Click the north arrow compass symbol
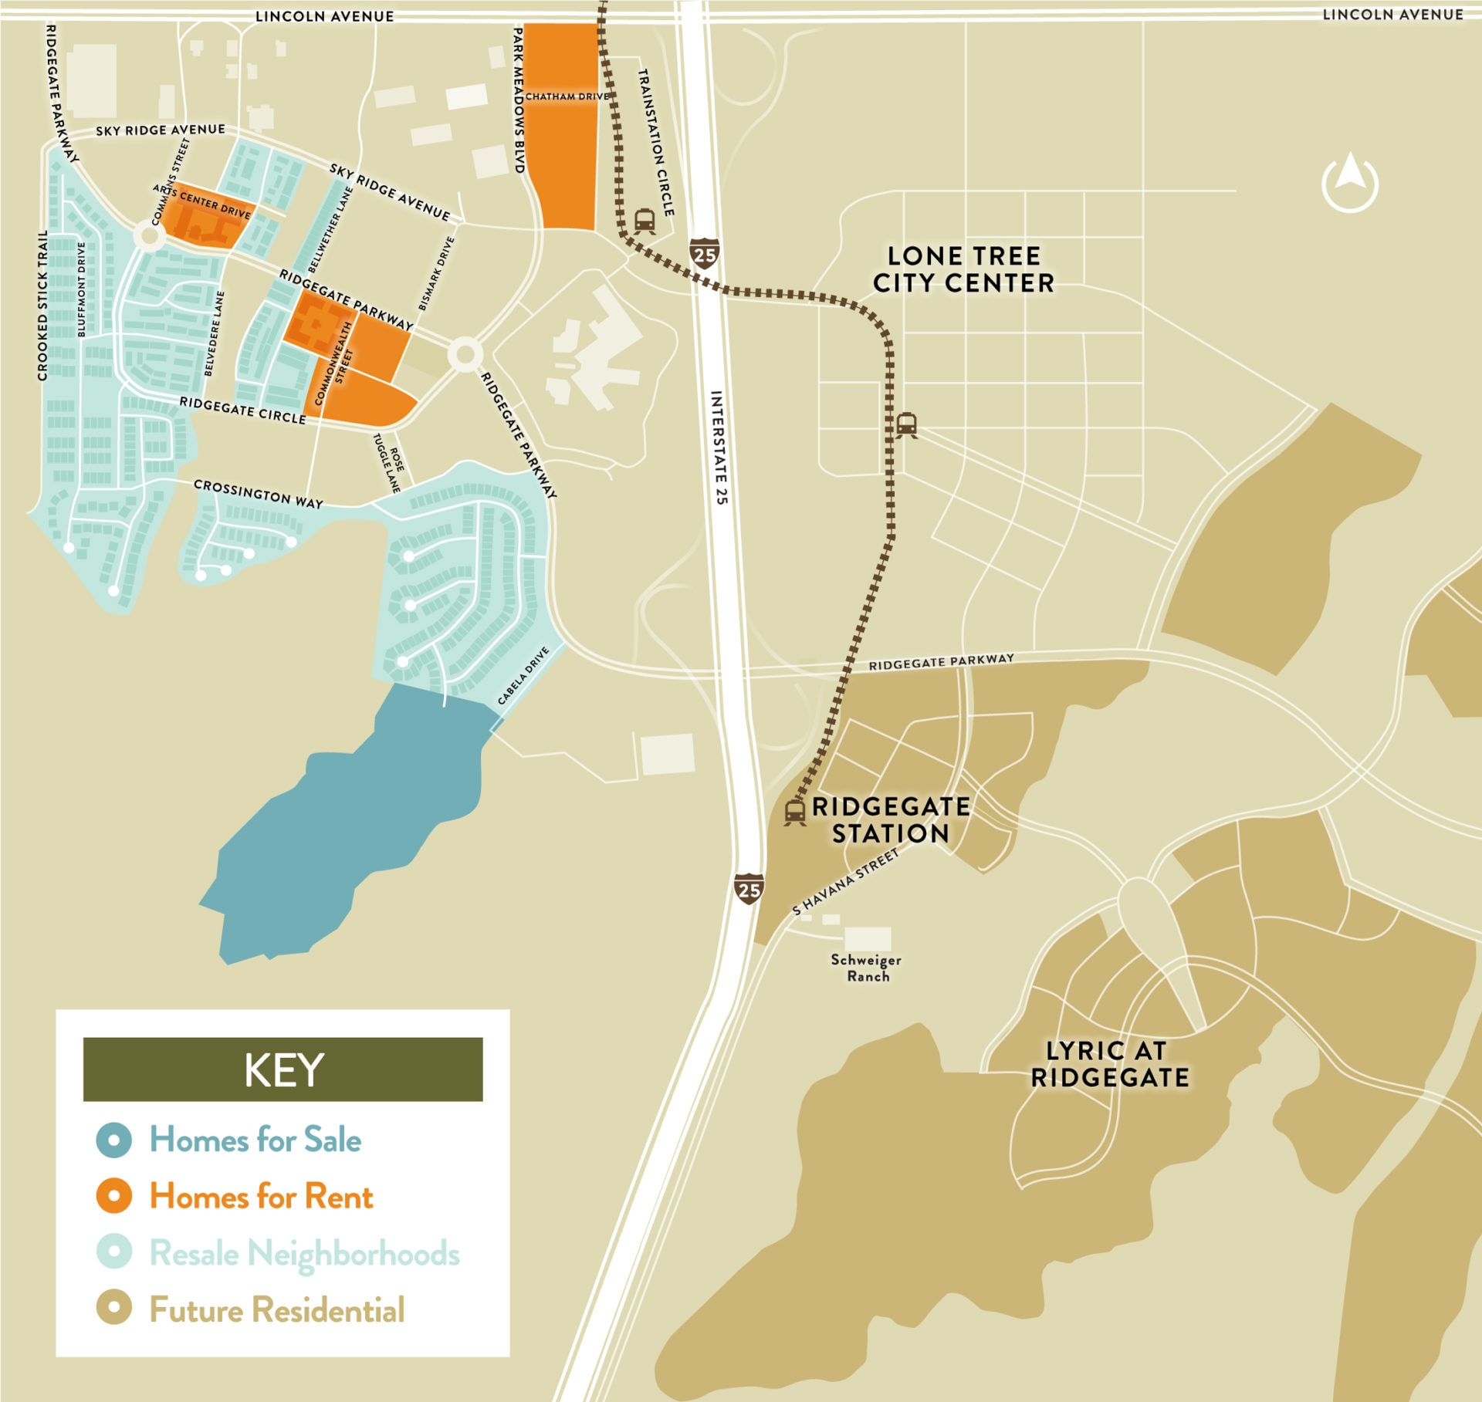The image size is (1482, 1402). click(x=1349, y=183)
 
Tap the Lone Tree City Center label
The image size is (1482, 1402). click(x=963, y=269)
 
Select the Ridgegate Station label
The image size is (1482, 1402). click(x=890, y=819)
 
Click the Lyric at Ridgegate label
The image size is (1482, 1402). click(x=1108, y=1064)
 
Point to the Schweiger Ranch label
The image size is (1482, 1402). click(x=866, y=968)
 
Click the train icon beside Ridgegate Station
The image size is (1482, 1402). click(x=794, y=812)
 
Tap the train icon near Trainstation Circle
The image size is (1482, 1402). click(x=645, y=221)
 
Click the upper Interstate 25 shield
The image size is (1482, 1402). click(x=704, y=254)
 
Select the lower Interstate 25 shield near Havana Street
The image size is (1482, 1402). click(x=748, y=889)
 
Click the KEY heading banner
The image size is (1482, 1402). click(x=283, y=1069)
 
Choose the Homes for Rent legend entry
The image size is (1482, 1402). click(x=261, y=1196)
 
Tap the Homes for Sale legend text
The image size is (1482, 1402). click(x=255, y=1140)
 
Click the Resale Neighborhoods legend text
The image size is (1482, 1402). click(x=304, y=1252)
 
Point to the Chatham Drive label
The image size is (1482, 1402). click(x=567, y=96)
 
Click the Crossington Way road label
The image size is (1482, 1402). click(x=258, y=494)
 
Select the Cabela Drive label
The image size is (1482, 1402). click(x=523, y=676)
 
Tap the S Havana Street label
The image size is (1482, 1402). click(x=846, y=881)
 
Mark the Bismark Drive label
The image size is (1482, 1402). click(x=436, y=273)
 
